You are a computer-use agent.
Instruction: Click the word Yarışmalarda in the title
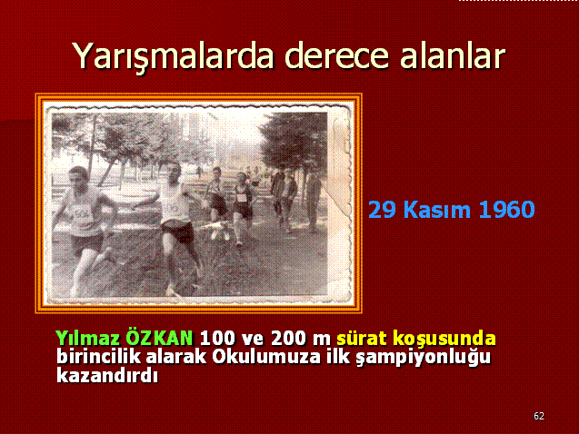174,57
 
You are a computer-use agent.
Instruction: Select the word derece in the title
336,57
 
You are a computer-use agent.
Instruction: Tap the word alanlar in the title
453,56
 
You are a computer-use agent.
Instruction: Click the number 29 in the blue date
382,210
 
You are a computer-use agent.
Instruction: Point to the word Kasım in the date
437,210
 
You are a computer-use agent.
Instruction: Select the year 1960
506,210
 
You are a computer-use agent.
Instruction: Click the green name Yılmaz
88,338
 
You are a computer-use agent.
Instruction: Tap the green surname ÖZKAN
160,337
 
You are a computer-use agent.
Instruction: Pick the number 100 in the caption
217,338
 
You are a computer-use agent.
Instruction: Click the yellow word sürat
362,338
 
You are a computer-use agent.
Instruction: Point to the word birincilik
98,356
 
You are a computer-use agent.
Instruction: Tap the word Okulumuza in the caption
265,356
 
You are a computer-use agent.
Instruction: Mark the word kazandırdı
107,375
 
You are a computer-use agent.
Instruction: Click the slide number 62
539,416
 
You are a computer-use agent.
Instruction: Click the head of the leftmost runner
79,179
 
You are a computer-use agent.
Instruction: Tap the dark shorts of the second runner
178,231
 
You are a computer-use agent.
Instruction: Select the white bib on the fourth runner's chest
242,197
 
